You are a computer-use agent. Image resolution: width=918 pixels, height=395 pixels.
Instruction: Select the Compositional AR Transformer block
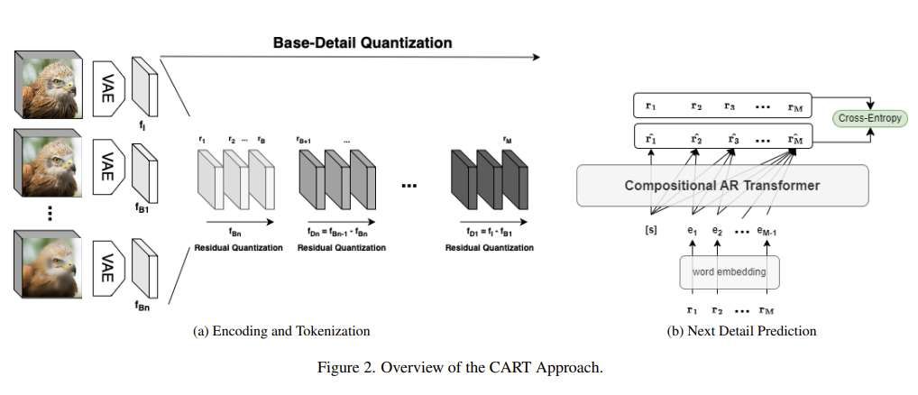pyautogui.click(x=722, y=185)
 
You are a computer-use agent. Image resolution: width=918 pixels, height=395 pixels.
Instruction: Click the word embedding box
pyautogui.click(x=729, y=271)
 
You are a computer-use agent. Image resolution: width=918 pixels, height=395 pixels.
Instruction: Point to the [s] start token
pyautogui.click(x=650, y=231)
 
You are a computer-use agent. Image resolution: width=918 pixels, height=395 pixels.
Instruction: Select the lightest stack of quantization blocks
pyautogui.click(x=234, y=179)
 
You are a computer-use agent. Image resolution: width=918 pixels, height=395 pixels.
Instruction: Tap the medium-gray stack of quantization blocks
pyautogui.click(x=335, y=179)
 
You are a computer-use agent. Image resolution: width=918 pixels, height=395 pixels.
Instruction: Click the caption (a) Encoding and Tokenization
pyautogui.click(x=281, y=331)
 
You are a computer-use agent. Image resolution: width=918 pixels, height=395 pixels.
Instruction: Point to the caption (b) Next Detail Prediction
pyautogui.click(x=741, y=331)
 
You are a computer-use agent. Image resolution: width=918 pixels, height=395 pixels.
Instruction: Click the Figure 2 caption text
pyautogui.click(x=460, y=367)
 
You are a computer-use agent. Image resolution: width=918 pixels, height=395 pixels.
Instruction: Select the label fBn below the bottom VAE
pyautogui.click(x=143, y=306)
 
